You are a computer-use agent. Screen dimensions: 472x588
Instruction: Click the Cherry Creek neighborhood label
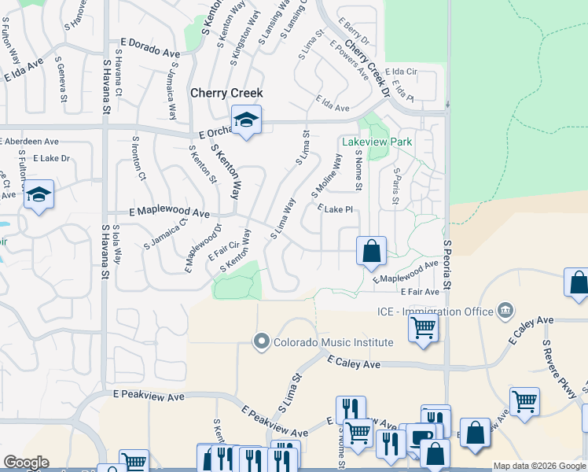pyautogui.click(x=226, y=93)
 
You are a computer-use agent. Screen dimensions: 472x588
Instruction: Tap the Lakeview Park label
pyautogui.click(x=377, y=142)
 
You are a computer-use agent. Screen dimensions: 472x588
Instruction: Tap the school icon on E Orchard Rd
pyautogui.click(x=246, y=120)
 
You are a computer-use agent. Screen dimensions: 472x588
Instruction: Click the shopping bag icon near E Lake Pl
pyautogui.click(x=371, y=252)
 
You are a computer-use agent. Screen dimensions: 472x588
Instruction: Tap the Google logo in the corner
pyautogui.click(x=26, y=463)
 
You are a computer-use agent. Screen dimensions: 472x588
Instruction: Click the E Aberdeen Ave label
pyautogui.click(x=29, y=142)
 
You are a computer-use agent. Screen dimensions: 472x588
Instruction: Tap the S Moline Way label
pyautogui.click(x=326, y=175)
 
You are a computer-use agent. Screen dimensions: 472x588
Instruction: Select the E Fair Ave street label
pyautogui.click(x=420, y=292)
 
